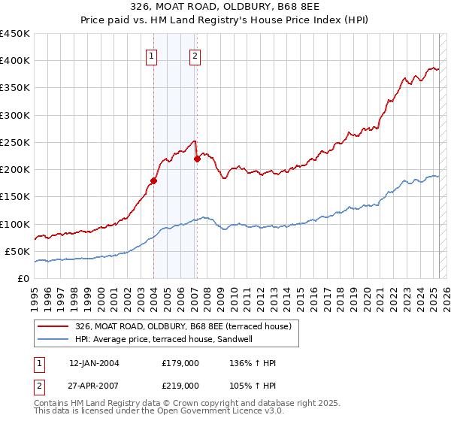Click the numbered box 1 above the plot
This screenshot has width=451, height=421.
point(152,56)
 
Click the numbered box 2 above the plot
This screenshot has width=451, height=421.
point(195,56)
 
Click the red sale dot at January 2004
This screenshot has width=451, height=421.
point(153,180)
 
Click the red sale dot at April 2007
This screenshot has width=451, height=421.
point(197,159)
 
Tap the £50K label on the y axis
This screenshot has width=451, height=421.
point(17,251)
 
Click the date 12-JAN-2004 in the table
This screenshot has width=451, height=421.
point(94,363)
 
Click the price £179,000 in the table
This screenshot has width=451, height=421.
point(180,363)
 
